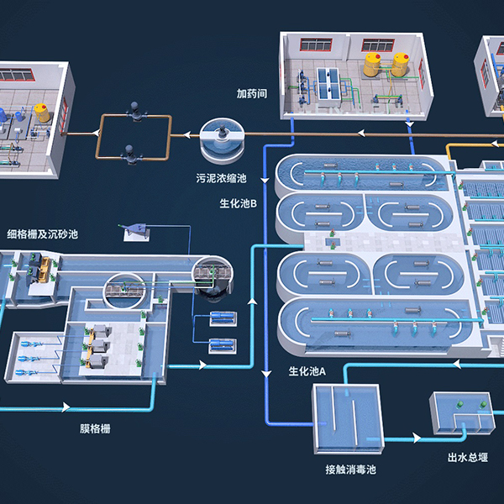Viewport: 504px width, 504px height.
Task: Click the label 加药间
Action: tap(251, 93)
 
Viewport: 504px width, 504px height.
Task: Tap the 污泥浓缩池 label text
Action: tap(220, 178)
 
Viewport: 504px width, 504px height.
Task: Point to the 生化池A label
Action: tap(307, 370)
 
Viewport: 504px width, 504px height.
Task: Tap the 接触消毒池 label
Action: tap(350, 470)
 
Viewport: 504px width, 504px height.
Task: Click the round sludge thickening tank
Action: tap(222, 139)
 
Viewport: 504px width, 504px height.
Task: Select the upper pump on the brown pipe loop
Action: tap(134, 109)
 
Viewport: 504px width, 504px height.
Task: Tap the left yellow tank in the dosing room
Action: tap(372, 66)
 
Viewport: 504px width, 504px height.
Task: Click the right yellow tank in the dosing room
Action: tap(400, 64)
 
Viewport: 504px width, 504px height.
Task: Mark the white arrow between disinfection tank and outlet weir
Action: tap(414, 438)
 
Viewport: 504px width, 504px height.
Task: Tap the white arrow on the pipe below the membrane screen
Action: tap(65, 408)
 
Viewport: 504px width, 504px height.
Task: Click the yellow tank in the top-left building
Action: tap(40, 111)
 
